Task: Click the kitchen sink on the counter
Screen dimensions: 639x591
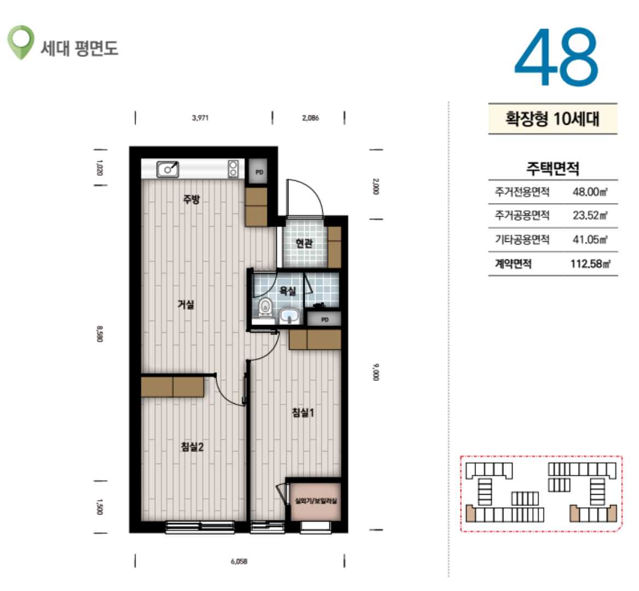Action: (167, 169)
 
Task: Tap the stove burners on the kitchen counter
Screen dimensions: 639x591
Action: (233, 169)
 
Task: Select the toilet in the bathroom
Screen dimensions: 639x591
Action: (266, 308)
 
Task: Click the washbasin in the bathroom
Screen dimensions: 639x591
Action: (289, 316)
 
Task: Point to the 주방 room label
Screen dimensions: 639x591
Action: (191, 199)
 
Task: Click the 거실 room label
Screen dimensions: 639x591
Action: (186, 304)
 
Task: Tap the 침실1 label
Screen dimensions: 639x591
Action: (303, 413)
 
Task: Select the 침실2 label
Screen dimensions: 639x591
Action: (192, 447)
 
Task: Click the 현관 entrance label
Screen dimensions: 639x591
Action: (304, 244)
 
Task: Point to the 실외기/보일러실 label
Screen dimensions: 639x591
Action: (316, 501)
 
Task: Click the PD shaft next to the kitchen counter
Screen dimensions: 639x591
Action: (259, 172)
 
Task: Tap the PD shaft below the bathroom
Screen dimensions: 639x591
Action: (324, 320)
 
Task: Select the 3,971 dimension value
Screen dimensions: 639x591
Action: (200, 118)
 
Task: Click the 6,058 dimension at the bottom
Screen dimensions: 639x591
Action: (239, 561)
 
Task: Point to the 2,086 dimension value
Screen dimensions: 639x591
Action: (310, 118)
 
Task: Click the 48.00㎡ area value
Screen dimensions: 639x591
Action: (590, 192)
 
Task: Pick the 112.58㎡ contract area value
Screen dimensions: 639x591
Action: (590, 264)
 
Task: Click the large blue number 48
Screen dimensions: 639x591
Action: (556, 57)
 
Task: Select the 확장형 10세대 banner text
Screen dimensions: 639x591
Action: (553, 119)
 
